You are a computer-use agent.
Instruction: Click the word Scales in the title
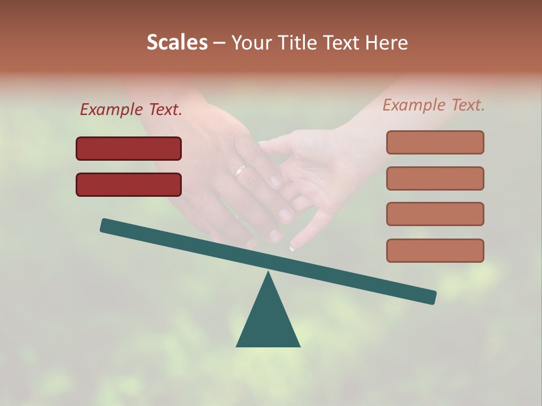(x=177, y=42)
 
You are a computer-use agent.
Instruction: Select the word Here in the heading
(x=387, y=42)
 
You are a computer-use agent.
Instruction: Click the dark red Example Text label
(x=131, y=109)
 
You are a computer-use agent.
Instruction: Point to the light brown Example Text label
(x=434, y=105)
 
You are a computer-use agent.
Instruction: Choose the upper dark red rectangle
(x=129, y=148)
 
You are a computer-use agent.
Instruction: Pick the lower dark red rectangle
(x=129, y=184)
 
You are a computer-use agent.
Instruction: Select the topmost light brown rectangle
(x=435, y=142)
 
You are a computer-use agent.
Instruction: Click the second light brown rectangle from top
(x=435, y=178)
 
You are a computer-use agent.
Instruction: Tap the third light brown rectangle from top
(x=435, y=214)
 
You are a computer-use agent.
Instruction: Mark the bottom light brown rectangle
(x=435, y=250)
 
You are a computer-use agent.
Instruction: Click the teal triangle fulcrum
(x=268, y=321)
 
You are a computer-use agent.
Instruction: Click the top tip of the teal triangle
(x=268, y=273)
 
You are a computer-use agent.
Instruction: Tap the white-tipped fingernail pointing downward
(x=292, y=248)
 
